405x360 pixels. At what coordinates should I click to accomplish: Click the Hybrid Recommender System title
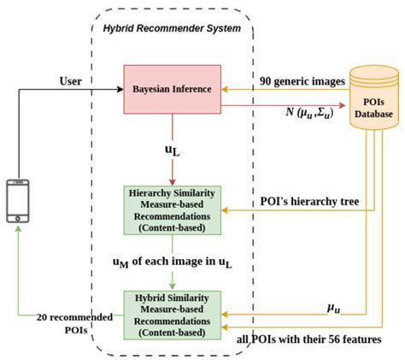172,28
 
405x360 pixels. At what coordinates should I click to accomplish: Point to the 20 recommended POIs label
74,323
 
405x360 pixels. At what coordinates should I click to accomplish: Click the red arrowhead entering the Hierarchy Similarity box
173,182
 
